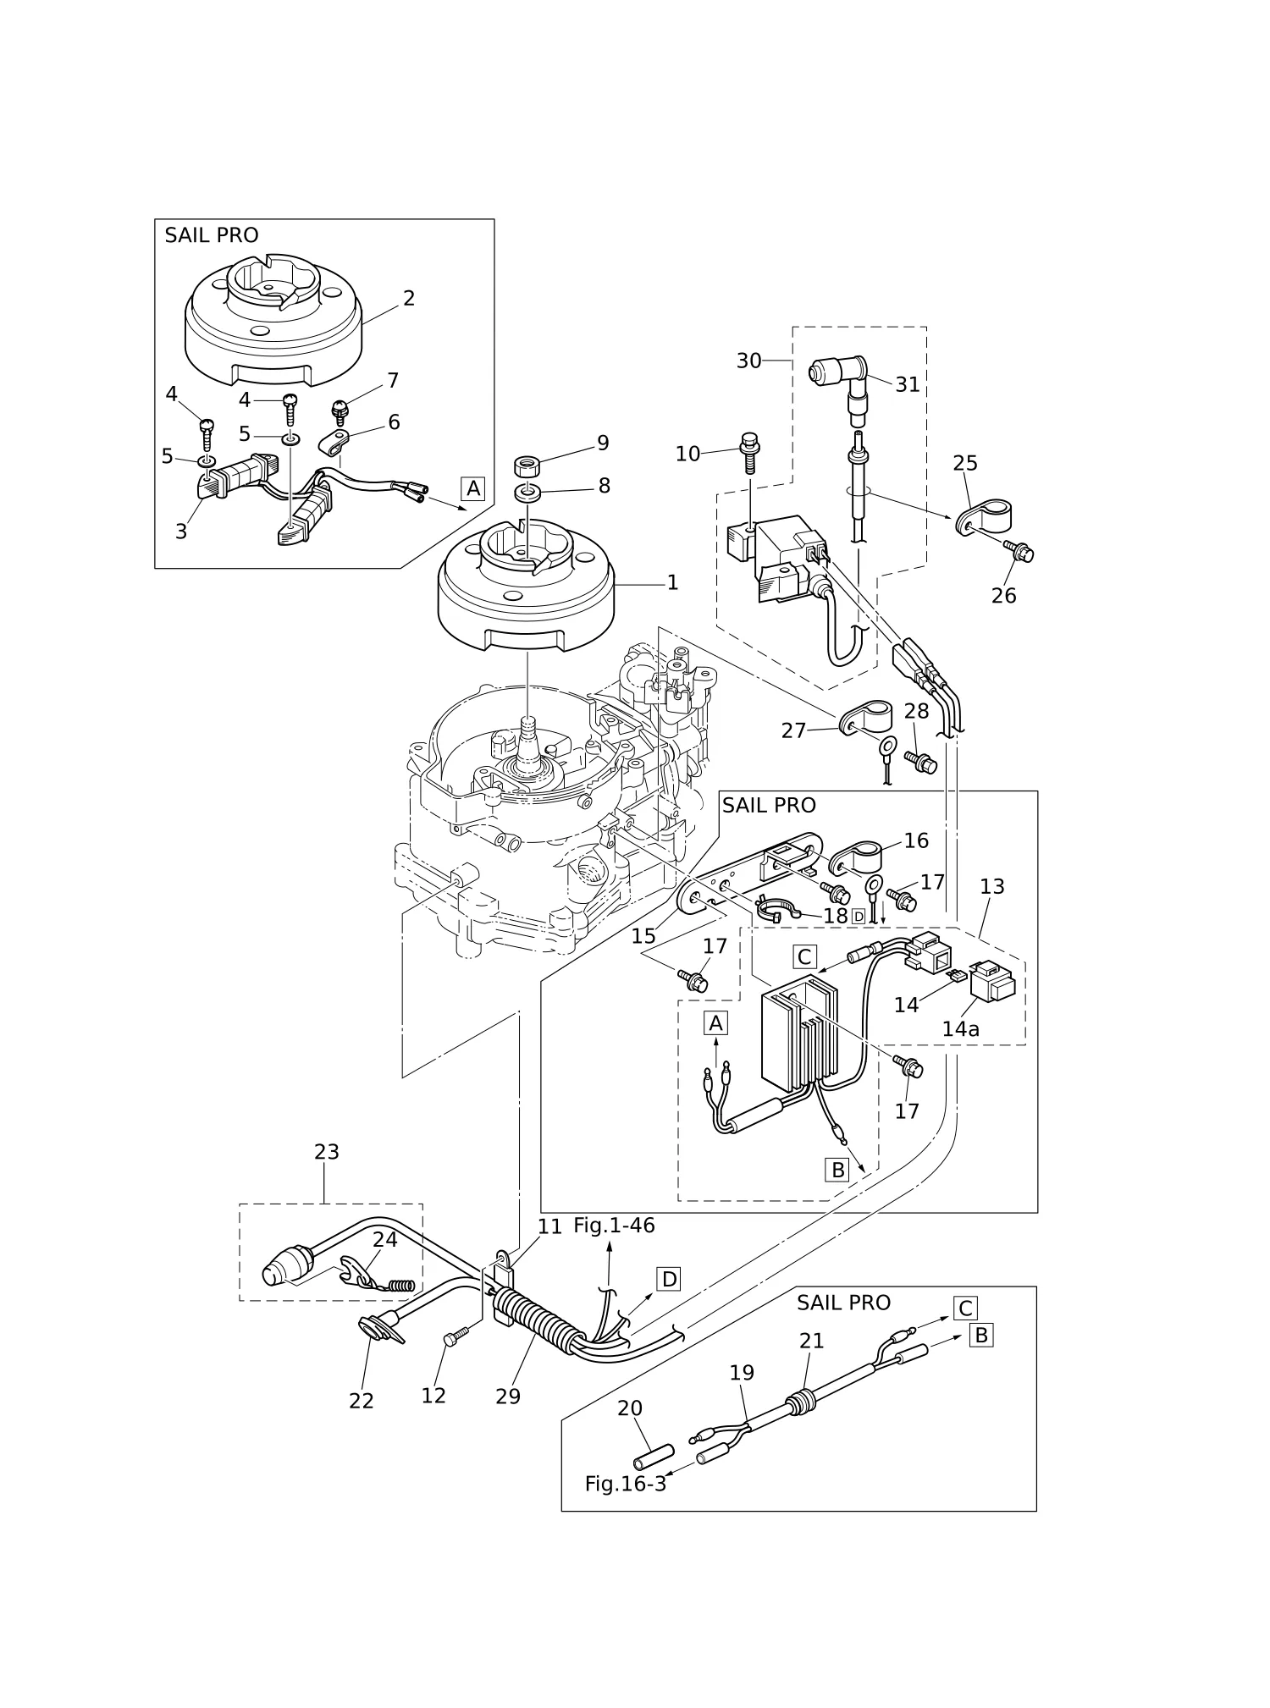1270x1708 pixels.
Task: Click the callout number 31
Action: point(908,384)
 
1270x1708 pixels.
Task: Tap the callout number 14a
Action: point(960,1029)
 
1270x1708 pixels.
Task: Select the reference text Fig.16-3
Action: point(626,1484)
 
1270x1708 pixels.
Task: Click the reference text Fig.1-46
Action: point(614,1225)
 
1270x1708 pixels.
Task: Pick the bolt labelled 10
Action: point(750,455)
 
